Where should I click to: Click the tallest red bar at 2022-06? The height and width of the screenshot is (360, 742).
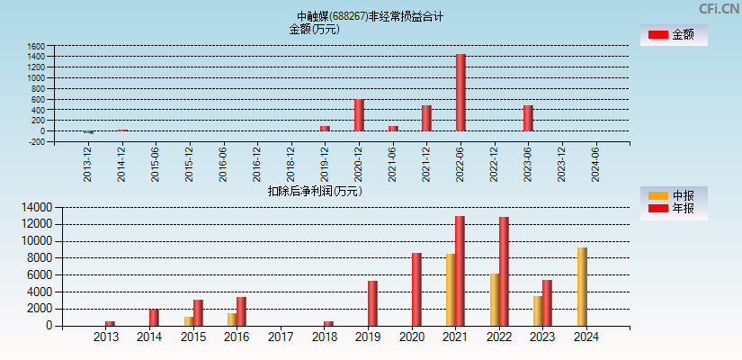click(460, 93)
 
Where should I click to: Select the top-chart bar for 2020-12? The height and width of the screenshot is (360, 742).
click(359, 115)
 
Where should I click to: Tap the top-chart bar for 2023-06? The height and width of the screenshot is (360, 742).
click(528, 118)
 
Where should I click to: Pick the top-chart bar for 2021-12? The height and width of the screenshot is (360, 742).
click(426, 118)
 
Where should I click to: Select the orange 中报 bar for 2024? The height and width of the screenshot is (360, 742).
click(582, 286)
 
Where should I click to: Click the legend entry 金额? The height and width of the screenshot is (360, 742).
click(673, 35)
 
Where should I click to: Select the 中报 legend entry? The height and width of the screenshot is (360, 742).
click(673, 195)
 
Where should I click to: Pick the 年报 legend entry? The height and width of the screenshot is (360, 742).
click(673, 209)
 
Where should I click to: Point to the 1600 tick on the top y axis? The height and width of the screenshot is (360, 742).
click(36, 46)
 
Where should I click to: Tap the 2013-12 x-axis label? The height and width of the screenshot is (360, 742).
click(87, 164)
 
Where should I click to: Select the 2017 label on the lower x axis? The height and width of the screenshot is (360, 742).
click(281, 337)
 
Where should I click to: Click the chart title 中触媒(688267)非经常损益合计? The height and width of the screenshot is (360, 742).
click(370, 16)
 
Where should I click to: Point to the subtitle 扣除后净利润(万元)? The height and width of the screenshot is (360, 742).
click(314, 191)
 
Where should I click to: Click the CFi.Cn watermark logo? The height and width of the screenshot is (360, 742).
click(719, 9)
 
